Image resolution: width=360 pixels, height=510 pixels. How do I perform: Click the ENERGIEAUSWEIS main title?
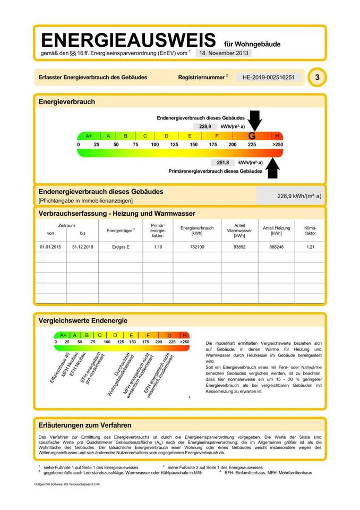[128, 40]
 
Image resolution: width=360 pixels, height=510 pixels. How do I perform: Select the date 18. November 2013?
[224, 53]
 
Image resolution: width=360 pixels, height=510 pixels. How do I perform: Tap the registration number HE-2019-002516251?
[268, 78]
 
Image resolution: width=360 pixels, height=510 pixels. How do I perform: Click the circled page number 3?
[317, 78]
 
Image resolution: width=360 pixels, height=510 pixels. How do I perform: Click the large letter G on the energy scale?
[252, 136]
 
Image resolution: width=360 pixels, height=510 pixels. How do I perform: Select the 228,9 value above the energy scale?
[205, 127]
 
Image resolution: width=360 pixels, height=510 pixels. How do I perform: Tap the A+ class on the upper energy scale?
[89, 136]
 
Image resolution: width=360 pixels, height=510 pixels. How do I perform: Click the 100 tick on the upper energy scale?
[155, 144]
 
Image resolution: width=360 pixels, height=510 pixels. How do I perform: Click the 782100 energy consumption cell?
[196, 247]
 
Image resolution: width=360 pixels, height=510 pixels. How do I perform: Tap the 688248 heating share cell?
[276, 247]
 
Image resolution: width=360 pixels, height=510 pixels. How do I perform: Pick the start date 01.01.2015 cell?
[50, 247]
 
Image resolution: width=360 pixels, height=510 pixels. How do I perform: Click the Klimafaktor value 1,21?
[310, 247]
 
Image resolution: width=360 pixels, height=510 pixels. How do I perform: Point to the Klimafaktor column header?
[310, 230]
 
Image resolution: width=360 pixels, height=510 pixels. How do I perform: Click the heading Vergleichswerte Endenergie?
[83, 321]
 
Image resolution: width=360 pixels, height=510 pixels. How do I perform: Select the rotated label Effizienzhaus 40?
[59, 368]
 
